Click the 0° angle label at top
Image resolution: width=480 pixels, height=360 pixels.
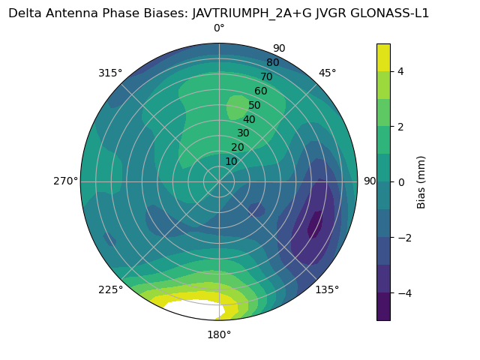[219, 28]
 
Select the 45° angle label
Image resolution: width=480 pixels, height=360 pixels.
[328, 73]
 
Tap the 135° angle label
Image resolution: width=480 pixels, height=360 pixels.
[327, 289]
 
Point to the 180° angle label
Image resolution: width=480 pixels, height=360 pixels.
[219, 334]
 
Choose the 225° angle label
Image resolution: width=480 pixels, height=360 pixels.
[110, 289]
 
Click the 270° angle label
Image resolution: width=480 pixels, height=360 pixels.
[66, 181]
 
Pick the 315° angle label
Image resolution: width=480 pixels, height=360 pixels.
[110, 73]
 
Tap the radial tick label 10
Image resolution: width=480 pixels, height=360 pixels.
[231, 161]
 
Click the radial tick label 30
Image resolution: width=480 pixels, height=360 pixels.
[243, 133]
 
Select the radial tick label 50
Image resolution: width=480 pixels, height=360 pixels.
[255, 105]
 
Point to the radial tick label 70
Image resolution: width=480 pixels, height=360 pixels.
[266, 76]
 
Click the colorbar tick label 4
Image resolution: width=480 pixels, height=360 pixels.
[401, 71]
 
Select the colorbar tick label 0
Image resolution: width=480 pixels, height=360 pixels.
[401, 181]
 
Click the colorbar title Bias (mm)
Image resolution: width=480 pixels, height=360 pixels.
[421, 181]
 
